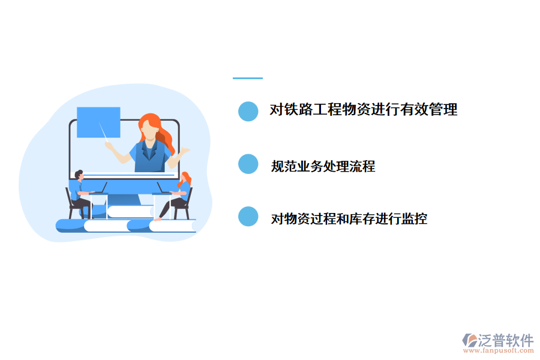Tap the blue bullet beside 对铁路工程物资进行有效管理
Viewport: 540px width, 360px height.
point(248,111)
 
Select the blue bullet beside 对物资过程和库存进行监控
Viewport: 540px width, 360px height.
point(248,217)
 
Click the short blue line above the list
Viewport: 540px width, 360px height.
point(247,78)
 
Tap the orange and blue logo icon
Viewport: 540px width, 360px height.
point(469,341)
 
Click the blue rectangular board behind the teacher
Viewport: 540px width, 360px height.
point(98,122)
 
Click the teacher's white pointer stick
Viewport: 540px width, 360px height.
point(104,133)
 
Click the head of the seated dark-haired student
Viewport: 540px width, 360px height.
point(79,175)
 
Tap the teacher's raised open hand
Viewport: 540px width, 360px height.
point(184,151)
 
